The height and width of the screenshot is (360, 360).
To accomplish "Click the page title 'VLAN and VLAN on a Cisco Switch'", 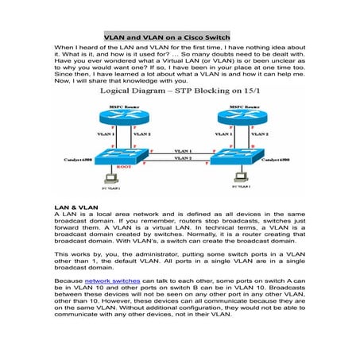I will tap(166, 36).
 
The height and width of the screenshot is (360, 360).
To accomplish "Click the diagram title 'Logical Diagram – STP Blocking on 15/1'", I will tap(180, 93).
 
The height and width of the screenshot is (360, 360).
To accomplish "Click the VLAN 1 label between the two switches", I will tap(183, 150).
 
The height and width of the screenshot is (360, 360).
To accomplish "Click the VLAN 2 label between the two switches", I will tap(183, 159).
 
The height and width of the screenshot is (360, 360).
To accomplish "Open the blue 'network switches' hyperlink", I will tap(110, 281).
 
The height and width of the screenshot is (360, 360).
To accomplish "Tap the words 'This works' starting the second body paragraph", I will tap(71, 252).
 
